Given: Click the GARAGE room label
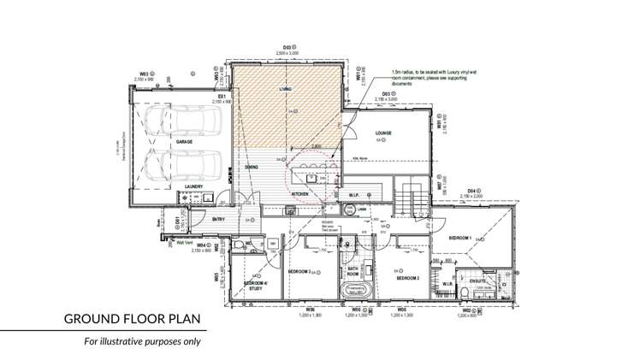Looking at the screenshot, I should pyautogui.click(x=184, y=142).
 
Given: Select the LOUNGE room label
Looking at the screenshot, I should pyautogui.click(x=382, y=133).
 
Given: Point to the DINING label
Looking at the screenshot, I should pyautogui.click(x=252, y=167).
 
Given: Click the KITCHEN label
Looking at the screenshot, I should pyautogui.click(x=299, y=195).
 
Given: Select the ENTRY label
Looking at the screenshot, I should pyautogui.click(x=218, y=220).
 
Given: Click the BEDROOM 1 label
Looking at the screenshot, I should pyautogui.click(x=460, y=237).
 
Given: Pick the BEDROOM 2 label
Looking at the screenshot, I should pyautogui.click(x=406, y=278).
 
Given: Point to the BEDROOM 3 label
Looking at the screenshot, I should pyautogui.click(x=299, y=272).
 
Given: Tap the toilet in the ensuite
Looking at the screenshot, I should pyautogui.click(x=463, y=294).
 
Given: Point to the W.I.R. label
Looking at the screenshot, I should pyautogui.click(x=447, y=283).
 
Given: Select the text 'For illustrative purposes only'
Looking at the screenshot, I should pyautogui.click(x=141, y=341).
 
